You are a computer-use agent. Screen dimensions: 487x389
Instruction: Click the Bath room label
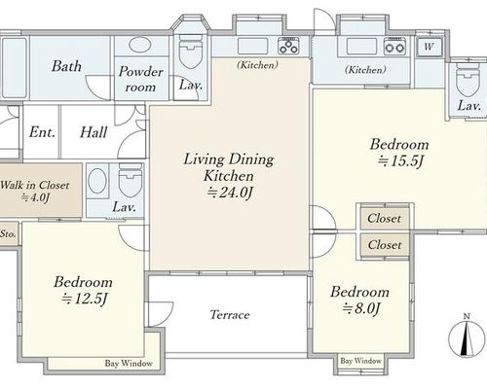point(66,66)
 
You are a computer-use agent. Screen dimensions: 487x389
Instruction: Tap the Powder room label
point(140,79)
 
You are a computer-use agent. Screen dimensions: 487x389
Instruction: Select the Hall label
point(94,132)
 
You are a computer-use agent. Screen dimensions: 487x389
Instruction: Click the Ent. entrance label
point(42,132)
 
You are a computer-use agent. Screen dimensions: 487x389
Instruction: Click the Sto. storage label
point(8,233)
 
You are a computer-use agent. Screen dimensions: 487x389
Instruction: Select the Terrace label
point(230,315)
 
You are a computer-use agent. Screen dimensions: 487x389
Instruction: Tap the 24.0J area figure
point(230,193)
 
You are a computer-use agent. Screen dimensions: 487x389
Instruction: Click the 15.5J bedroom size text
point(400,160)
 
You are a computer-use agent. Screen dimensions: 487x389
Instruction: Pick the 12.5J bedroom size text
point(84,299)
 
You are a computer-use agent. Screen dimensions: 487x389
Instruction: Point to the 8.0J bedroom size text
point(360,308)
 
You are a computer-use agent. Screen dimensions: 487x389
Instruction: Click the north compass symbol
point(467,336)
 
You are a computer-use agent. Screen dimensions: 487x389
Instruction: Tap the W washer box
point(430,48)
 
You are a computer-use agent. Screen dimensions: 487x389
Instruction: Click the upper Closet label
point(385,218)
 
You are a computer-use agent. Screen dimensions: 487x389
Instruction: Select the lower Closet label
point(385,245)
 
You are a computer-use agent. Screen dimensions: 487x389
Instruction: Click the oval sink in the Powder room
point(139,45)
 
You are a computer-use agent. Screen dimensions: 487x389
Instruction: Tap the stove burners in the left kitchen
point(288,46)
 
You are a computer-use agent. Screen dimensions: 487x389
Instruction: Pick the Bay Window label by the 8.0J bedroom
point(360,361)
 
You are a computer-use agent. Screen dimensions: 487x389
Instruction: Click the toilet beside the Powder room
point(191,54)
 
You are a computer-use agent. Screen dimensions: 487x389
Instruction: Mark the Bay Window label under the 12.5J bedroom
point(129,364)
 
